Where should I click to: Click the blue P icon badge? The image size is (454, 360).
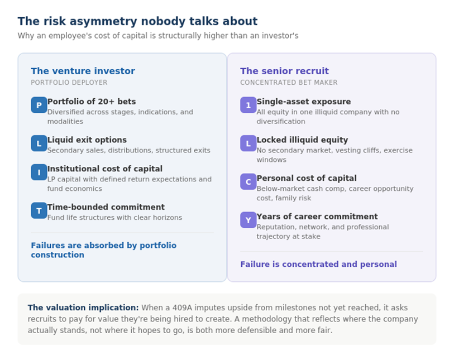click(x=39, y=105)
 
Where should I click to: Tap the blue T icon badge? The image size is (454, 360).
click(x=39, y=210)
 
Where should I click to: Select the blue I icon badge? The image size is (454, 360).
click(x=39, y=172)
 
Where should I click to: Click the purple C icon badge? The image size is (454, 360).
click(x=248, y=181)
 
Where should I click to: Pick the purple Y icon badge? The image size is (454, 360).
click(x=248, y=220)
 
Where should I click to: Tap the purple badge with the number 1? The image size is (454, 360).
click(x=248, y=105)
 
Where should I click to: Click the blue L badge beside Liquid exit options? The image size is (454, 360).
click(x=39, y=143)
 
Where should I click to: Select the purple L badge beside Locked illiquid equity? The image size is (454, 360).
click(x=248, y=143)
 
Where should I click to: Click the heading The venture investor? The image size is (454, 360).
click(x=83, y=71)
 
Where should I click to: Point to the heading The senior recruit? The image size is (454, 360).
click(x=284, y=71)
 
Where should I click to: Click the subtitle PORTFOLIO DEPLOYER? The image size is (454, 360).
click(x=69, y=83)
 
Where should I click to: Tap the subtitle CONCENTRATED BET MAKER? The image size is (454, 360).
click(x=289, y=83)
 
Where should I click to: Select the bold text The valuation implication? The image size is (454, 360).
click(x=83, y=308)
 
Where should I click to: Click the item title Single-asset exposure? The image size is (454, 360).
click(x=303, y=102)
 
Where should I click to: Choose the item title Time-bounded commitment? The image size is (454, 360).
click(x=106, y=207)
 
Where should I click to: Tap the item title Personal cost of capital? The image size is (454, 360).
click(x=306, y=178)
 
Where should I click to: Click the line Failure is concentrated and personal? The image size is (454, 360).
click(x=318, y=264)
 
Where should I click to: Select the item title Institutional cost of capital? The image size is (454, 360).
click(x=104, y=169)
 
